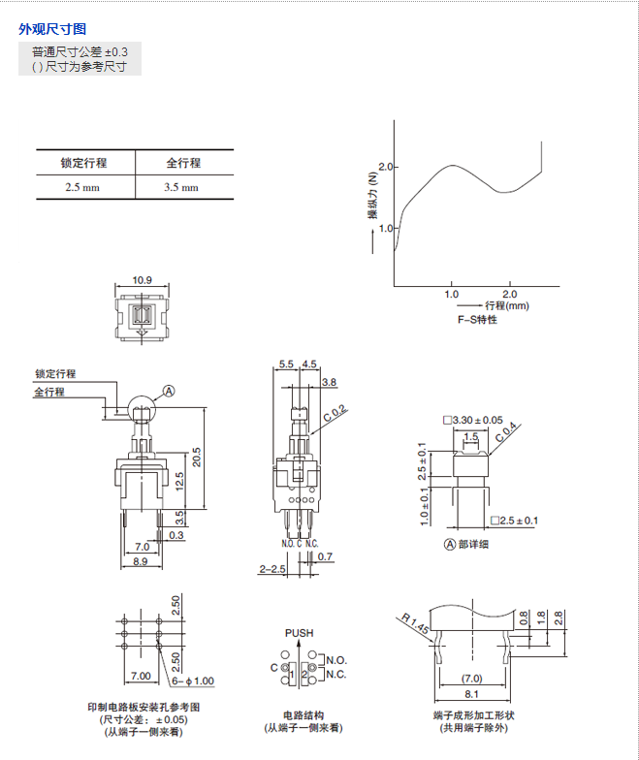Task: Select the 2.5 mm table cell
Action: (x=83, y=187)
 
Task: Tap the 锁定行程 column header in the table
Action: (x=83, y=162)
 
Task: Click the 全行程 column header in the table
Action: (x=182, y=162)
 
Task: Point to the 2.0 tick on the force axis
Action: (x=387, y=167)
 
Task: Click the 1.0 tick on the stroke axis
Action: (x=451, y=293)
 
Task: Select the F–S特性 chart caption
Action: (x=477, y=320)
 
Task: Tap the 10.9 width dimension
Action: (x=142, y=281)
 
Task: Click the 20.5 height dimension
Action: (x=196, y=456)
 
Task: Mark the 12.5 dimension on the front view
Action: (x=179, y=480)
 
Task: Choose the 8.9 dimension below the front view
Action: (x=140, y=561)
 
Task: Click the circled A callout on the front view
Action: (x=168, y=391)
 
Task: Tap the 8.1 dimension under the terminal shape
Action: (x=472, y=695)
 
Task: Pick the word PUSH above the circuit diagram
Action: (x=299, y=633)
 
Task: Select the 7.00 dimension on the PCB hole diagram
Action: (x=141, y=675)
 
